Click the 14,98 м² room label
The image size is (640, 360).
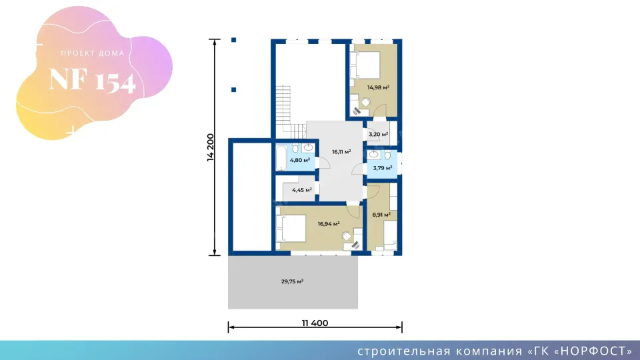[378, 87]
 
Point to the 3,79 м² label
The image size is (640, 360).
[382, 168]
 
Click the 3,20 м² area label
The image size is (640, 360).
[379, 134]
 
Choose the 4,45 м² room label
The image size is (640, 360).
[302, 189]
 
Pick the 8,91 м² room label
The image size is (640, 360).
[382, 215]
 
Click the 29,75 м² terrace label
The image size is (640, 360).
[292, 281]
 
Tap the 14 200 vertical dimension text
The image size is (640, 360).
[211, 147]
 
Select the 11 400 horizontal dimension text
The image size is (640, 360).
[315, 323]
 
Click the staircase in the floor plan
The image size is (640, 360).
[285, 110]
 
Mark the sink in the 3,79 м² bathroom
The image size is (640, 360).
[374, 154]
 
